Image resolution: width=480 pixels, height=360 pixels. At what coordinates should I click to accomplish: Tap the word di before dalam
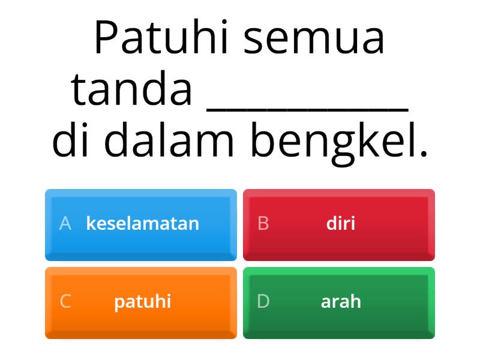74,140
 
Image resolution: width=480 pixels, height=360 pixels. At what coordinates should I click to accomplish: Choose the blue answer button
141,224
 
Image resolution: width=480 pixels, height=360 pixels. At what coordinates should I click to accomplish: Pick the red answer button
339,224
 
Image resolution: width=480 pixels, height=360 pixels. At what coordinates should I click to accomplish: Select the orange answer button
141,302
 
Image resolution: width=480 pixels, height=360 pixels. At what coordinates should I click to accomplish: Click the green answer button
339,302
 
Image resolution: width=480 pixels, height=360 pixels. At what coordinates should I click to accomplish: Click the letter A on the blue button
65,224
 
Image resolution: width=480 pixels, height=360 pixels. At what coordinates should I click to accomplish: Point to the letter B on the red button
263,224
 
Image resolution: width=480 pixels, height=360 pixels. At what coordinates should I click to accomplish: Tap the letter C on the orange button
65,301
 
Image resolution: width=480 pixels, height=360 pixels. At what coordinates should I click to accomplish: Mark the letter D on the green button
263,301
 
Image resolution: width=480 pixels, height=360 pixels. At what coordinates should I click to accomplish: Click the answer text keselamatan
143,224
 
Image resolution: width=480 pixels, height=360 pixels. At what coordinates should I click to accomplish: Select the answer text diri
341,224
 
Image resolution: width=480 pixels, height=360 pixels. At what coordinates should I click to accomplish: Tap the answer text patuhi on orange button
143,302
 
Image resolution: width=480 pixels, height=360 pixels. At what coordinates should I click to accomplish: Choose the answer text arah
341,301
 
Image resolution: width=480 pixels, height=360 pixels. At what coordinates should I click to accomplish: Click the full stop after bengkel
424,154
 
